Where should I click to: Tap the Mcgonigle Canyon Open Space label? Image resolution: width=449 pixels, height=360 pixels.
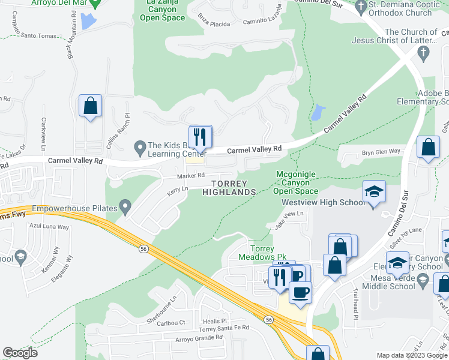[295, 182]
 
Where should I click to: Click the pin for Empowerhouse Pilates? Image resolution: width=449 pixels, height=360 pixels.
[125, 208]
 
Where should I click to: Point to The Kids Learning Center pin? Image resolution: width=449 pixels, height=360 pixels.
[140, 146]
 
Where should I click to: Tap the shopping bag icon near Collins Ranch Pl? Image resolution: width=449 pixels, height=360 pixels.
[90, 106]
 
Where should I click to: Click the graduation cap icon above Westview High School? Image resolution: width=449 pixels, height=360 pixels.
[374, 192]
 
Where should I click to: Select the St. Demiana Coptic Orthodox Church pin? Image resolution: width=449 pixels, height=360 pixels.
[361, 7]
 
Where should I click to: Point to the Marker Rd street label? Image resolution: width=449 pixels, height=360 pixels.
[190, 176]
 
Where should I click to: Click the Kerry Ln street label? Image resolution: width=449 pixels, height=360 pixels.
[178, 189]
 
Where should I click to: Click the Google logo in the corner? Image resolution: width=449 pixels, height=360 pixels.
[20, 353]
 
